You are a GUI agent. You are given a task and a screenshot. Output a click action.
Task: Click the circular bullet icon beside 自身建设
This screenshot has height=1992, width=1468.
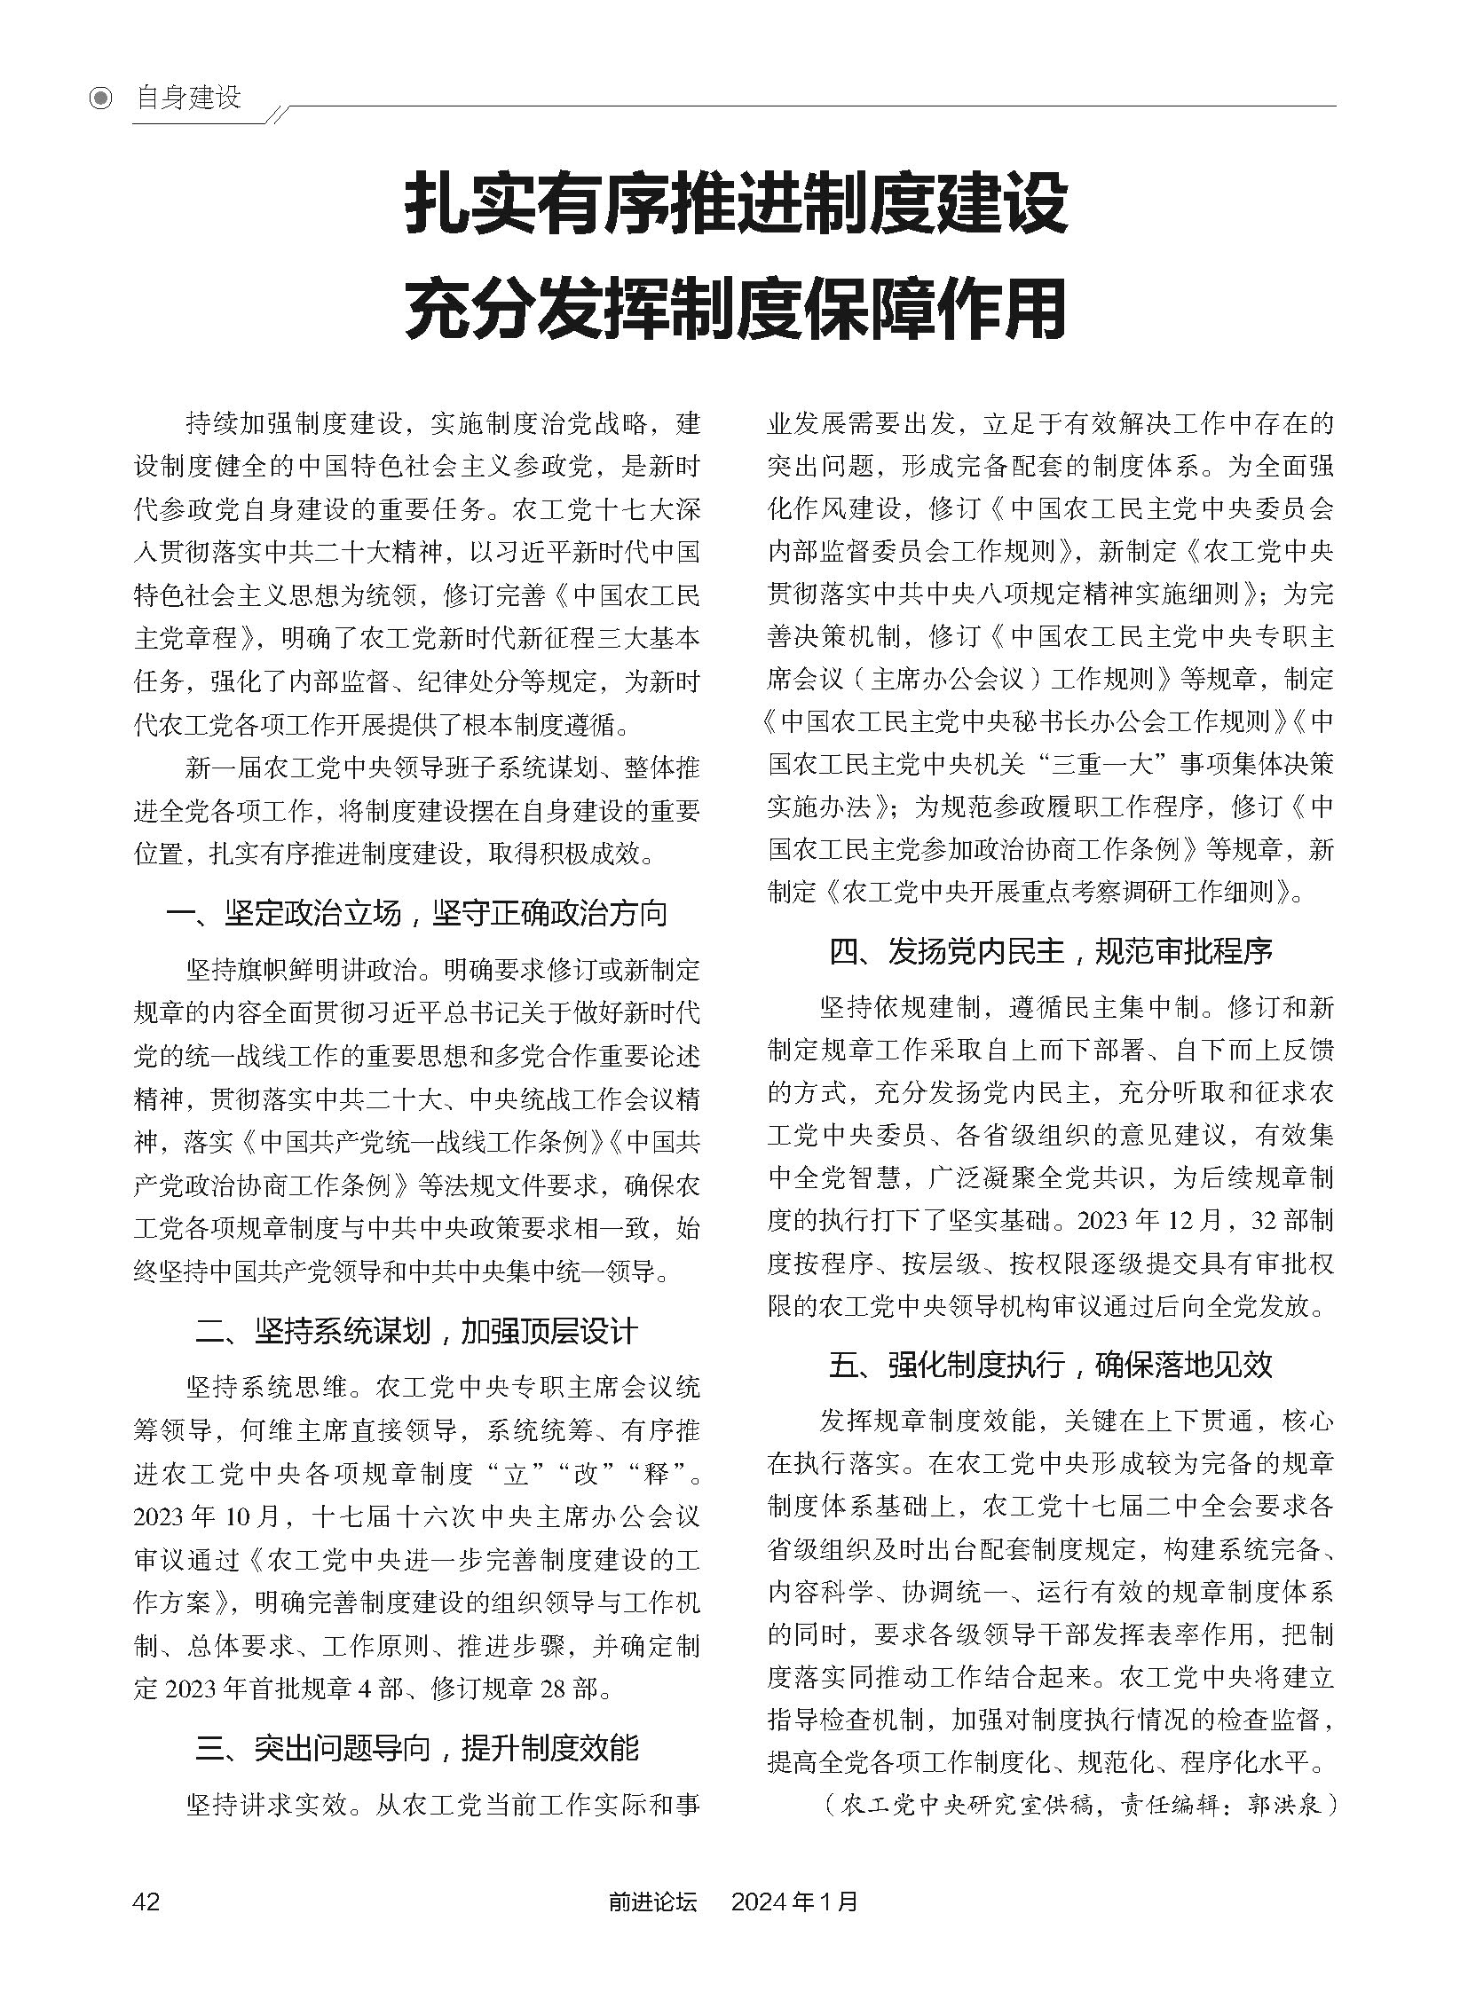coord(101,98)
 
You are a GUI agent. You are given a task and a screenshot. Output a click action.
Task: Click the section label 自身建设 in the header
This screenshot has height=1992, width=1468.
coord(188,97)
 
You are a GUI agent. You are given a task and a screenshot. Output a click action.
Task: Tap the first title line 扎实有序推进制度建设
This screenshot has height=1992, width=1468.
coord(736,206)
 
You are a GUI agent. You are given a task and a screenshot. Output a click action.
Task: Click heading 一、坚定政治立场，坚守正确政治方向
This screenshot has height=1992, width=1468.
coord(417,912)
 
